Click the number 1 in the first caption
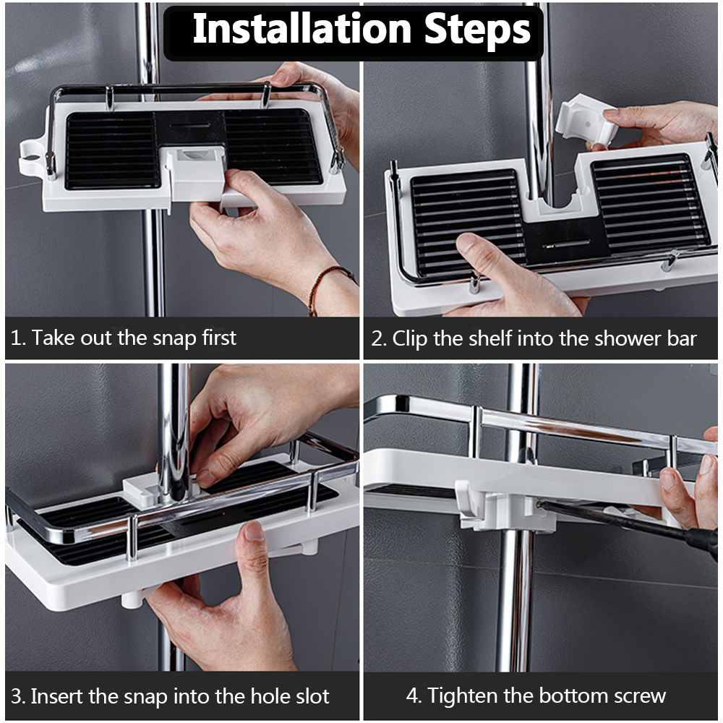17,338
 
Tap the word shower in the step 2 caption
619,338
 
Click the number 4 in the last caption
413,696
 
